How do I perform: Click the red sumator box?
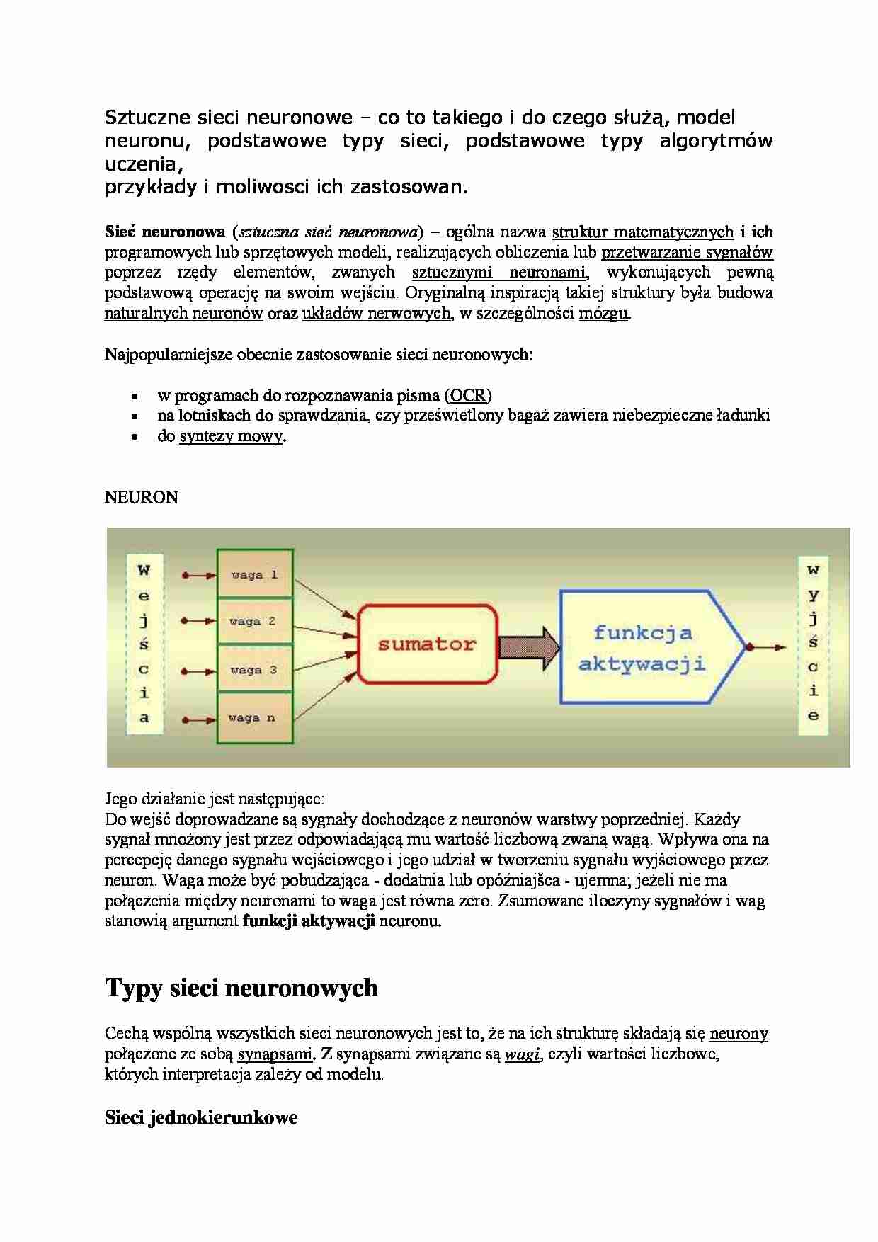(x=426, y=644)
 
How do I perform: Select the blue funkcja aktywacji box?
(x=643, y=647)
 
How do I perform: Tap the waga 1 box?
(x=255, y=574)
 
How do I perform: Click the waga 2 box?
(x=255, y=621)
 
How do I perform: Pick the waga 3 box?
(x=255, y=669)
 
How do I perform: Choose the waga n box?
(x=255, y=718)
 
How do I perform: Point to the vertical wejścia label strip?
(x=144, y=644)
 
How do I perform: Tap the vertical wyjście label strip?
(x=813, y=644)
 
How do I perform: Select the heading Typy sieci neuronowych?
(x=241, y=988)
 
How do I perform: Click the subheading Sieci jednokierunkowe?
(x=201, y=1118)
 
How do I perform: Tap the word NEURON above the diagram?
(x=141, y=497)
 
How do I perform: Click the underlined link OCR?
(x=468, y=395)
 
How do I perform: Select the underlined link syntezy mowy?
(x=231, y=436)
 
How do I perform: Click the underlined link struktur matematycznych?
(x=642, y=232)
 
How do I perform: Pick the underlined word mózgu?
(x=604, y=314)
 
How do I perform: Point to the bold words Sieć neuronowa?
(x=164, y=232)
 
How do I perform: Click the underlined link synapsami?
(x=275, y=1054)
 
